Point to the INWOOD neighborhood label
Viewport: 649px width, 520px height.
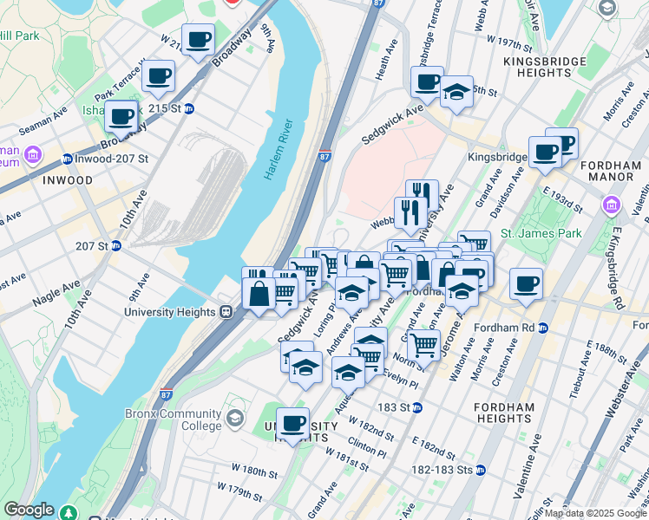click(x=67, y=180)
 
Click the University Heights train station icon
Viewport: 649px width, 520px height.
click(x=225, y=312)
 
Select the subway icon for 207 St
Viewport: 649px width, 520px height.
click(x=115, y=246)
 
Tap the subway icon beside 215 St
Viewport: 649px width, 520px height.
click(x=188, y=109)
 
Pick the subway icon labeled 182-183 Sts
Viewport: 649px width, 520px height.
click(x=480, y=469)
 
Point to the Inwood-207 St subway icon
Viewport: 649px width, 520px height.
click(x=68, y=159)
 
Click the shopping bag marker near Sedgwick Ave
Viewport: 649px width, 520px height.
click(x=259, y=293)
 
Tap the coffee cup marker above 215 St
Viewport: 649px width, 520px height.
click(x=160, y=76)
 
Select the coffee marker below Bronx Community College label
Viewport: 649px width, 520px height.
click(x=293, y=424)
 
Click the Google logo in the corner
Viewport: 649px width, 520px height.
click(x=28, y=510)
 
